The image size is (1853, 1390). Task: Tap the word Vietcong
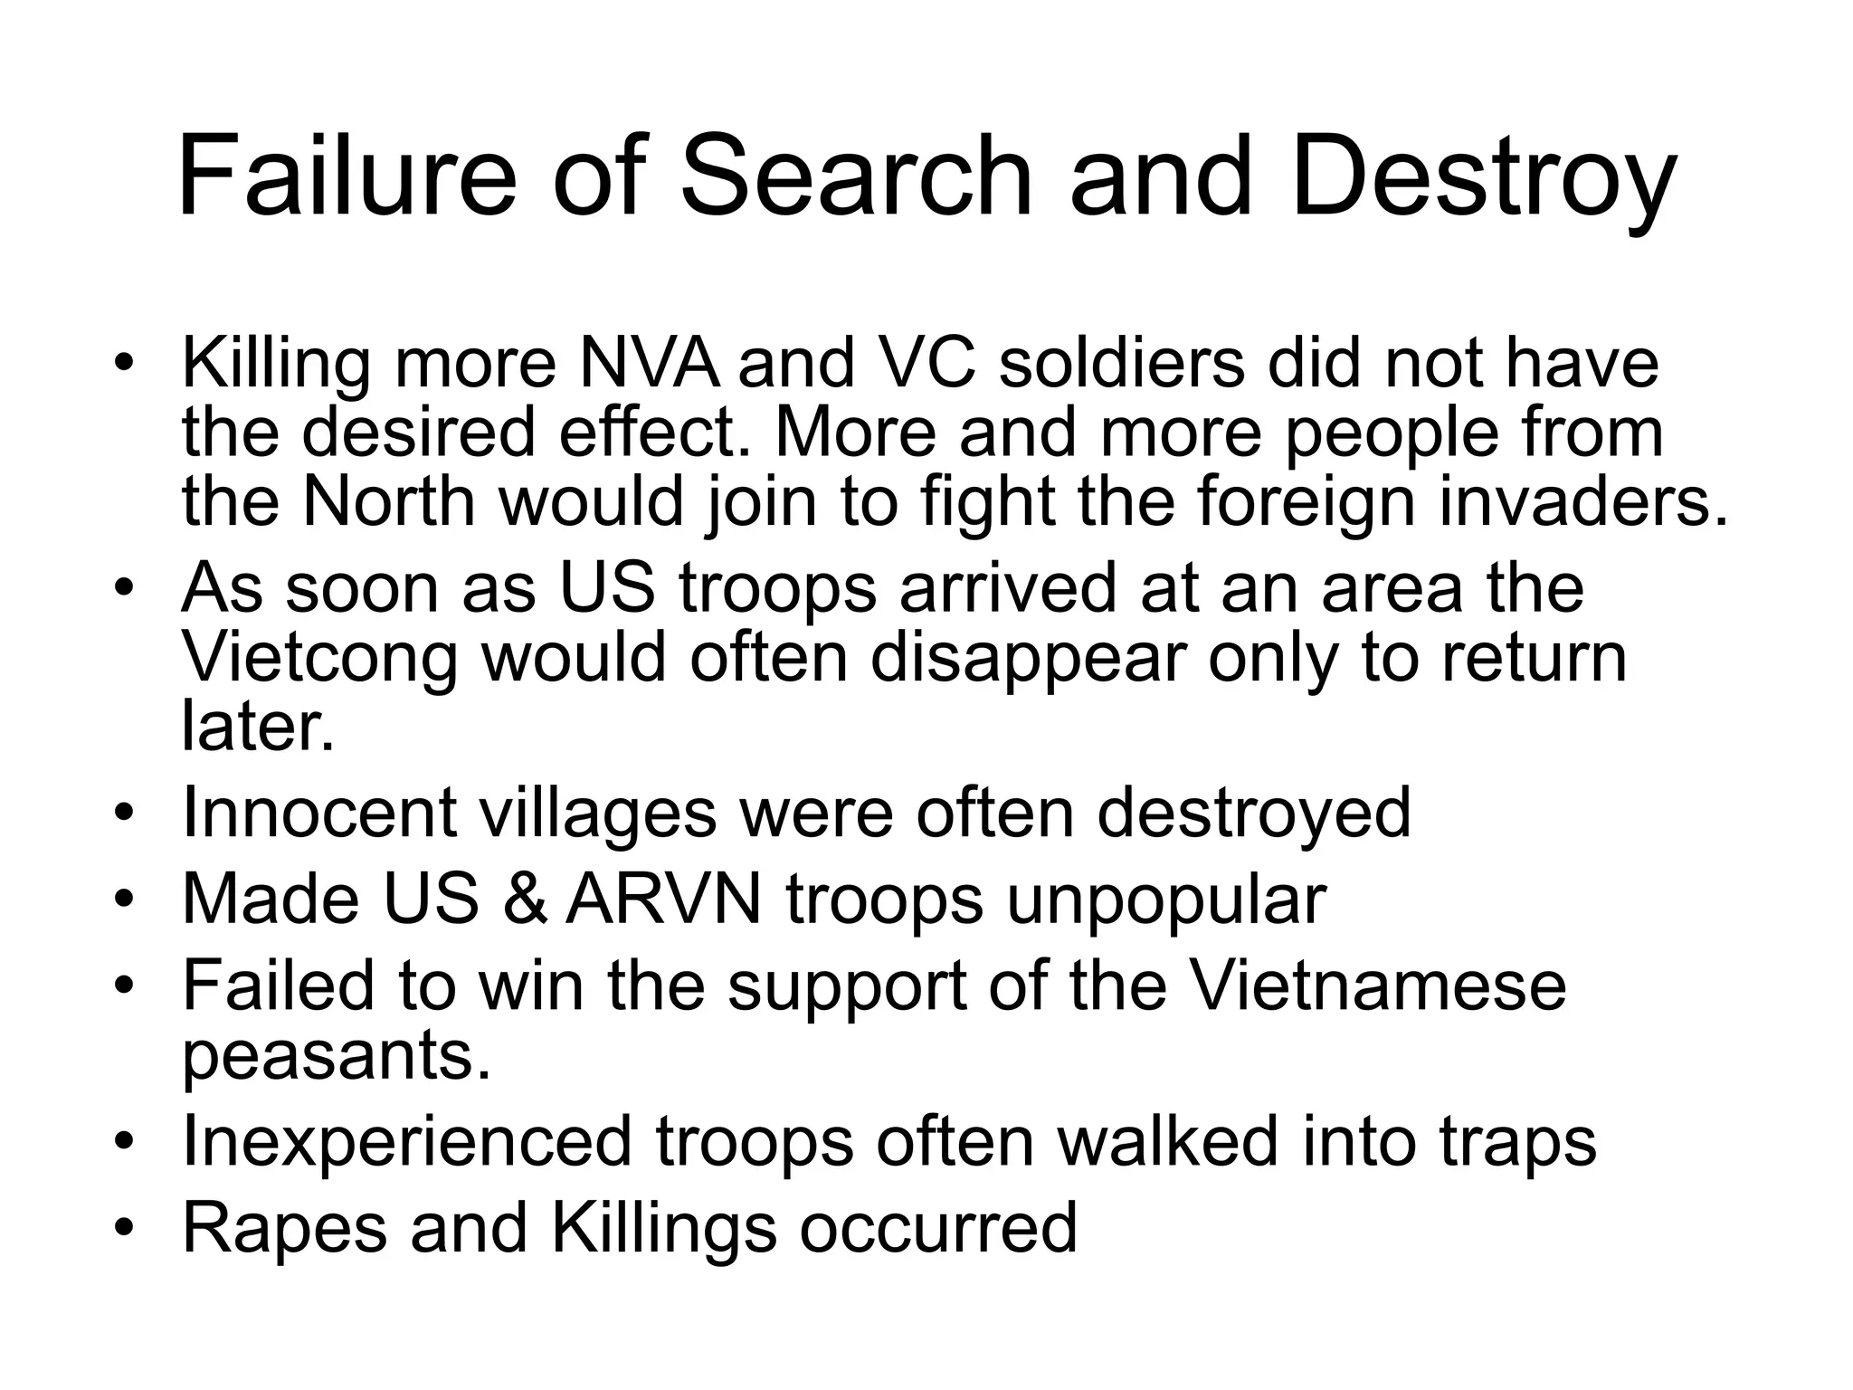pyautogui.click(x=320, y=658)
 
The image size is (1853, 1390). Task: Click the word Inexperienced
pyautogui.click(x=406, y=1141)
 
